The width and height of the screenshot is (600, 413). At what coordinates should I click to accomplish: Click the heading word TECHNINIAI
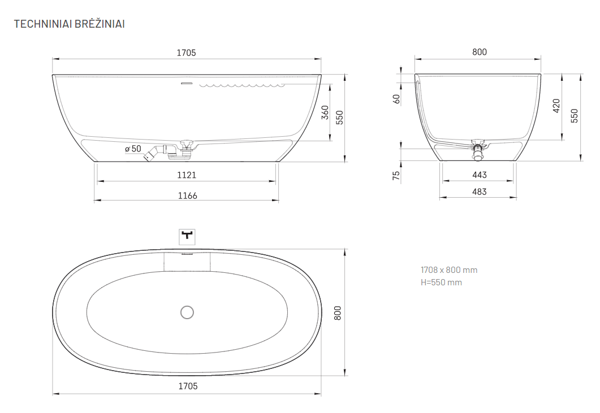coord(42,24)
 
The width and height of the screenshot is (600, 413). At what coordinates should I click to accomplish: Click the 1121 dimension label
coord(187,175)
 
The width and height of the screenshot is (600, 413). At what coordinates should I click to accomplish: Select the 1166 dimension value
coord(188,196)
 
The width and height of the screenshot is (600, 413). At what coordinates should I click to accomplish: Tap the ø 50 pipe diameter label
coord(133,149)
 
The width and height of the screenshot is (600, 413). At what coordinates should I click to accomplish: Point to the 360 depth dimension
coord(325,112)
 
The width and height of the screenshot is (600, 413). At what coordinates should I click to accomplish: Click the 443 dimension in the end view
coord(480,175)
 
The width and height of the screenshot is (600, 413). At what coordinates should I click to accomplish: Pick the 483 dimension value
coord(480,192)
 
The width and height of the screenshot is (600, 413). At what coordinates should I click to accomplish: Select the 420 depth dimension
coord(556,106)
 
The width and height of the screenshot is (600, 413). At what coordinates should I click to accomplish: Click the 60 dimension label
coord(396,99)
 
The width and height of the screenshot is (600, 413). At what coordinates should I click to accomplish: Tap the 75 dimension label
coord(396,176)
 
